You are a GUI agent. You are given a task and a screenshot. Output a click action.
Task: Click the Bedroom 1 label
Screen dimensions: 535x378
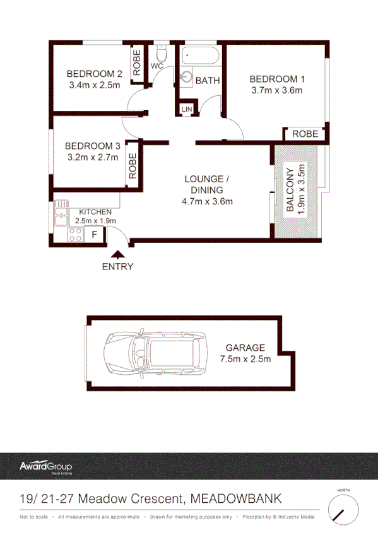[x=277, y=79]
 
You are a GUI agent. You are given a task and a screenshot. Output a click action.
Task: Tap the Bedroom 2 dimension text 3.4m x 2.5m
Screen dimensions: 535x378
[x=94, y=85]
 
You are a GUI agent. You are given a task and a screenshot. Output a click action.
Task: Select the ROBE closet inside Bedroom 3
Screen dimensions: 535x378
[x=133, y=166]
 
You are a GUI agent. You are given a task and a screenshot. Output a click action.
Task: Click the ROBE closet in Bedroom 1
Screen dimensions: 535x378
[x=305, y=134]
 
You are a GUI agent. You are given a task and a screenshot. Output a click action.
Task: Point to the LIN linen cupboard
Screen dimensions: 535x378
[x=186, y=109]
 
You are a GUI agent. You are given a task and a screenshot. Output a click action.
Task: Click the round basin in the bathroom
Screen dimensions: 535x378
[x=187, y=78]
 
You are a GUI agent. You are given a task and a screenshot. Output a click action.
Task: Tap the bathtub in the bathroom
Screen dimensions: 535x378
[x=200, y=57]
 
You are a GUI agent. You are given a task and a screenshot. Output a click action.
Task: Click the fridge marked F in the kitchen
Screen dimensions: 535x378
[x=94, y=235]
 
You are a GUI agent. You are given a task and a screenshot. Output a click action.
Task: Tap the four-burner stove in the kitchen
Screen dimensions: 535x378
[x=76, y=235]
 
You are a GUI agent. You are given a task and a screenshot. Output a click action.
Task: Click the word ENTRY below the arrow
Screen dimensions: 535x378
[x=118, y=266]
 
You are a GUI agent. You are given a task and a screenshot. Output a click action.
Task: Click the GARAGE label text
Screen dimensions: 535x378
[x=245, y=348]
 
